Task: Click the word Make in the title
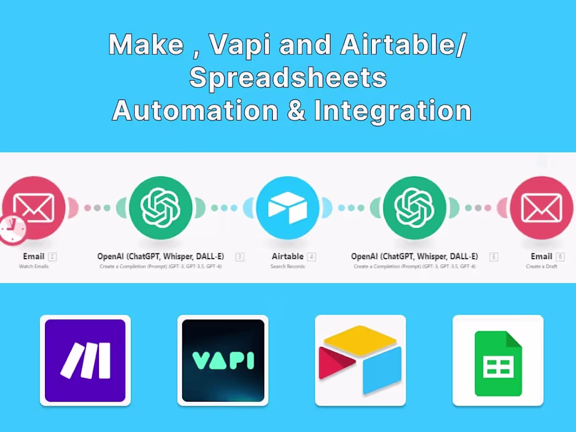[146, 45]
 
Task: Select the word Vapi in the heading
[239, 45]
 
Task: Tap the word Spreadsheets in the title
[288, 77]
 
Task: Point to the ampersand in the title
[296, 110]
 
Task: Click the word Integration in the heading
[392, 110]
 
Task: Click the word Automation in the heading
[195, 110]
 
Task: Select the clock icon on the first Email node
[12, 229]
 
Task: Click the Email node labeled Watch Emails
[34, 208]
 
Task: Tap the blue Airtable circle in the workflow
[287, 208]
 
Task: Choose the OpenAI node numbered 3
[161, 208]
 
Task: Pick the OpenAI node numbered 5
[414, 208]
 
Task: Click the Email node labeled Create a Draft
[541, 208]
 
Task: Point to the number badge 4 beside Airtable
[312, 257]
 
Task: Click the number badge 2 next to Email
[52, 257]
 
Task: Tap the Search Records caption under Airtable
[287, 267]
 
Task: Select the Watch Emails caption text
[34, 267]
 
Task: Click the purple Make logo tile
[85, 360]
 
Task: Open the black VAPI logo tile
[223, 360]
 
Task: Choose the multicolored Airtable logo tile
[360, 360]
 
